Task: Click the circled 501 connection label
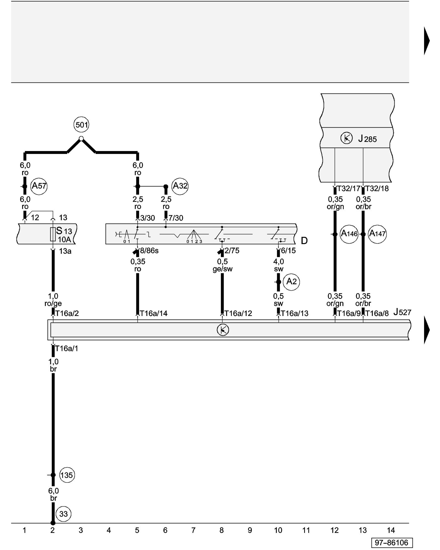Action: click(x=81, y=125)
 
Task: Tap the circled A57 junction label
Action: click(x=39, y=186)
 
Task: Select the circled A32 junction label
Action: click(x=180, y=186)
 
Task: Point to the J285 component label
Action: click(x=367, y=139)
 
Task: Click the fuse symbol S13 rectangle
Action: click(x=53, y=234)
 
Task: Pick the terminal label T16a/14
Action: click(x=153, y=313)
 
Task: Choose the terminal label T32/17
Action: click(x=348, y=189)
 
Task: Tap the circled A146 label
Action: click(x=349, y=234)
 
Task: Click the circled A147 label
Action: click(x=377, y=234)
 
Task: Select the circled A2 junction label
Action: click(x=291, y=282)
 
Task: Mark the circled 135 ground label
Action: click(x=67, y=475)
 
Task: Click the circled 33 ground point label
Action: click(x=63, y=514)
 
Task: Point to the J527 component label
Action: click(x=402, y=312)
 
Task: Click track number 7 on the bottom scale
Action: click(x=193, y=530)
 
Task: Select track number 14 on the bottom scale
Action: click(x=391, y=530)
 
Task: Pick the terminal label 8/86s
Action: click(x=149, y=251)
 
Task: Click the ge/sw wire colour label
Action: click(x=222, y=269)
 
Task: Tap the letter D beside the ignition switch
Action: click(x=304, y=241)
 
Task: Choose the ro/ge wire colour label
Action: click(x=53, y=304)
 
